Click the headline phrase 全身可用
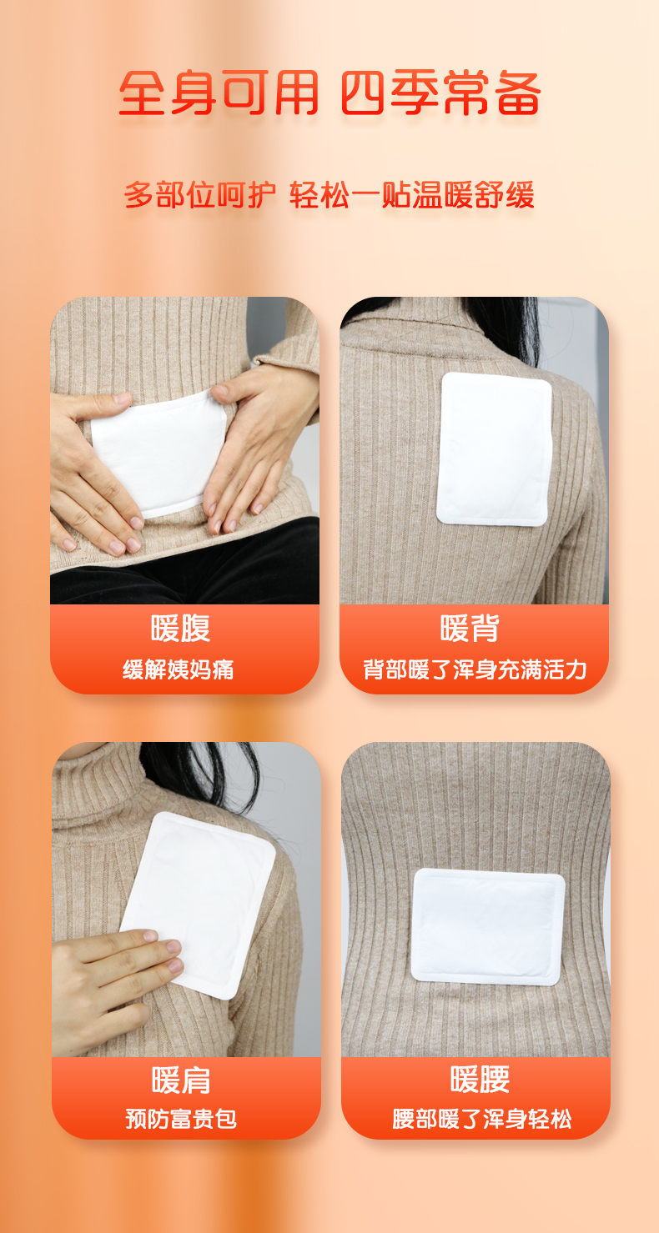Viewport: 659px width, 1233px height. [x=219, y=93]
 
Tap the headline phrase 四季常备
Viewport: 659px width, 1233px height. [x=440, y=93]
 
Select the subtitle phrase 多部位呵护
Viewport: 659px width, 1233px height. [x=200, y=195]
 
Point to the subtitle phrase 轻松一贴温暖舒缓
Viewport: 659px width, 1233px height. [x=412, y=195]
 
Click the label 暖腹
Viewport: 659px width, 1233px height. [x=181, y=629]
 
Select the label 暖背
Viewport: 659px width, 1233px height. [x=470, y=629]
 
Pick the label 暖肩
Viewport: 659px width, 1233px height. [x=181, y=1080]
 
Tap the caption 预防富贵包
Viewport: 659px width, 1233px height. [x=181, y=1119]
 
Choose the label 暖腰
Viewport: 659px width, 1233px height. [x=480, y=1080]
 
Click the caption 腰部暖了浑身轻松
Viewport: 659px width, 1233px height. [x=482, y=1119]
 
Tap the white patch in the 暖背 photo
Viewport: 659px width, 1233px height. [x=494, y=449]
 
